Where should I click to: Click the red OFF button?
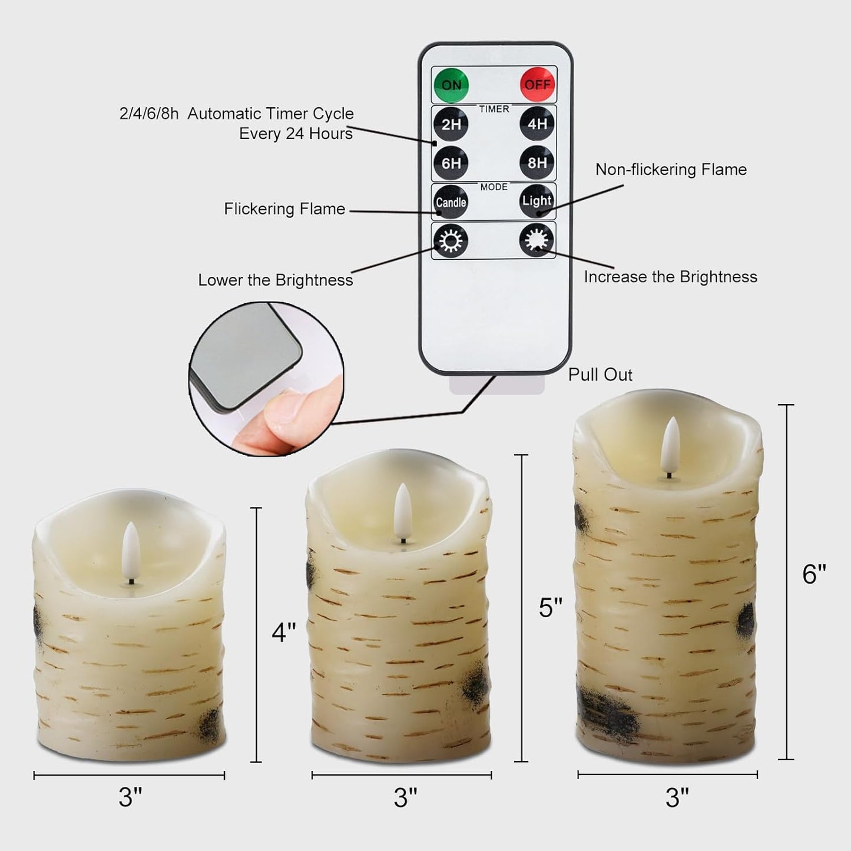click(537, 85)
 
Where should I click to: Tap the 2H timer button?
click(451, 124)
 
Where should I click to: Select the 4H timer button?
click(537, 124)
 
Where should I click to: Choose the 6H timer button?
click(451, 163)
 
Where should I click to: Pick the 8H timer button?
click(537, 163)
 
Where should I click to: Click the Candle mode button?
click(451, 202)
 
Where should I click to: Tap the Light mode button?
click(537, 201)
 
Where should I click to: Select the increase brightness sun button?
click(537, 240)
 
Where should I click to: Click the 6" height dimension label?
click(814, 574)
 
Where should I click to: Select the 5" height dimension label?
click(551, 608)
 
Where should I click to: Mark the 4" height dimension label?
click(283, 633)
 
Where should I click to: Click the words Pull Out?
click(600, 375)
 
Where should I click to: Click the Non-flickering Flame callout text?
click(671, 170)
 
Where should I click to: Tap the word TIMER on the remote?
click(494, 109)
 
